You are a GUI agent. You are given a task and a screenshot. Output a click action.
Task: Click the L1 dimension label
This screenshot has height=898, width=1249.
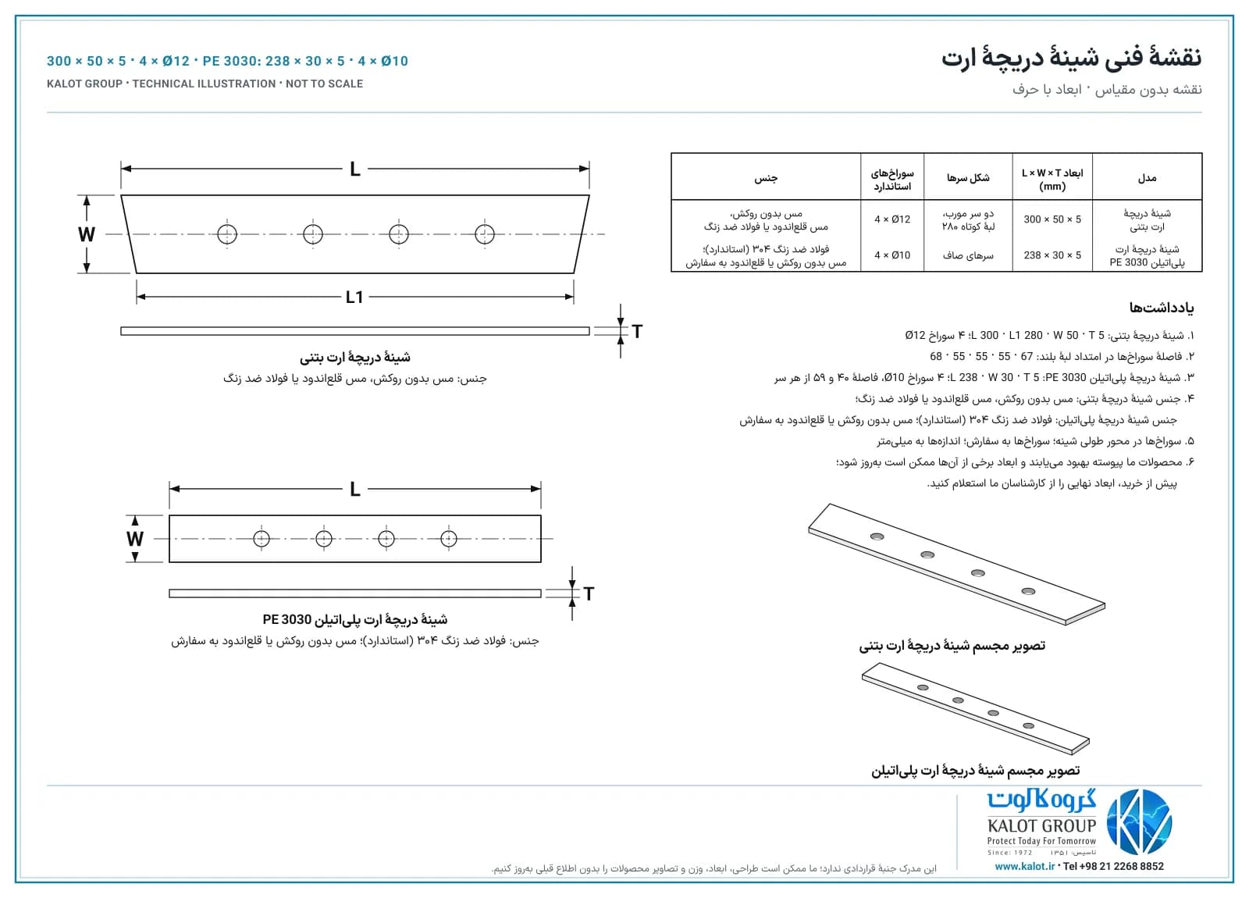click(354, 298)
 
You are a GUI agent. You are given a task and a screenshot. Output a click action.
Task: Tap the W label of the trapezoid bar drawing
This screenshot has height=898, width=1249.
click(87, 234)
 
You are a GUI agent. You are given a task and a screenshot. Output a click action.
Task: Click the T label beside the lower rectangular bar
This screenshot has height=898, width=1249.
click(589, 594)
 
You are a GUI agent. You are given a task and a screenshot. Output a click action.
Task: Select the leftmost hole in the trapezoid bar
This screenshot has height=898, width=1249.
click(227, 234)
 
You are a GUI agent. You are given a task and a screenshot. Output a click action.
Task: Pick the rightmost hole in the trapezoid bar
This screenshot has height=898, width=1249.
click(485, 234)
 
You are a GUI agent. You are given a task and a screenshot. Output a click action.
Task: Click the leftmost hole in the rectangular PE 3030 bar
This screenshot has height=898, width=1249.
click(262, 539)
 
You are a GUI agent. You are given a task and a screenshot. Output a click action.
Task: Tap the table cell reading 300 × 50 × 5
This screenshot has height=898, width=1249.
click(1052, 219)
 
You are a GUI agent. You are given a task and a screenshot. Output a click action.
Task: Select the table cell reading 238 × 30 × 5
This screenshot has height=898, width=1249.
click(1052, 255)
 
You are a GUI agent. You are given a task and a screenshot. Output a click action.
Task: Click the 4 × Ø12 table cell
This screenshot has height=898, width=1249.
click(892, 219)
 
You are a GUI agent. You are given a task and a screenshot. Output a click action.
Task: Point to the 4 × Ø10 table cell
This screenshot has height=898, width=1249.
click(892, 255)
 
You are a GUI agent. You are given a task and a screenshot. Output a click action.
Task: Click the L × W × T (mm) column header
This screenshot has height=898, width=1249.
click(1052, 180)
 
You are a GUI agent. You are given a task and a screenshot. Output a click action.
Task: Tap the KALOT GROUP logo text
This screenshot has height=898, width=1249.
click(1041, 826)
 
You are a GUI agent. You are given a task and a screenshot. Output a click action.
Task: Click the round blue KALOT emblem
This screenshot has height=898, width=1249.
click(1139, 822)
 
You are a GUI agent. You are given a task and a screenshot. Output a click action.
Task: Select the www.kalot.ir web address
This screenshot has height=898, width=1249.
click(1025, 866)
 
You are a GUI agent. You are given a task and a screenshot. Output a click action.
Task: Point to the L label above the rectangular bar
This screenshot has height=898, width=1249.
click(354, 490)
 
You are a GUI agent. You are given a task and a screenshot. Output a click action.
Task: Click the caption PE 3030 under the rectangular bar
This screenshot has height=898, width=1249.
click(287, 620)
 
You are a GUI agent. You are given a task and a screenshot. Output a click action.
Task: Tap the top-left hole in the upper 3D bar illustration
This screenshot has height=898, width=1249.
click(877, 536)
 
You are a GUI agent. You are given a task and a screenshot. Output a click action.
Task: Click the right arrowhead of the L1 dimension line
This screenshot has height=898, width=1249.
click(569, 297)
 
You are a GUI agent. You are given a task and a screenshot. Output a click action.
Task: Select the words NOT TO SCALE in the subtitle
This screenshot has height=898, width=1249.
click(324, 84)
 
